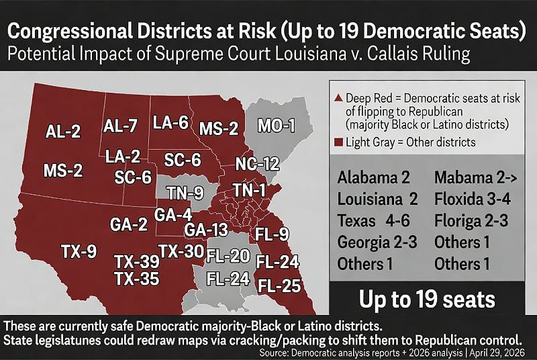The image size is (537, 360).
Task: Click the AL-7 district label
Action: click(x=122, y=126)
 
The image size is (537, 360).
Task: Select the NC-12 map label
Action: click(x=257, y=163)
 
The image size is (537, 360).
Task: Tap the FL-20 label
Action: click(x=228, y=256)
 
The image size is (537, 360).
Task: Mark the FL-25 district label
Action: click(x=279, y=285)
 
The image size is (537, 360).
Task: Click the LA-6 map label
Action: click(x=171, y=123)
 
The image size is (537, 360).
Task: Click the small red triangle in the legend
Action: click(x=337, y=98)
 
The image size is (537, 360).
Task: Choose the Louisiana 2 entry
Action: click(x=377, y=199)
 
